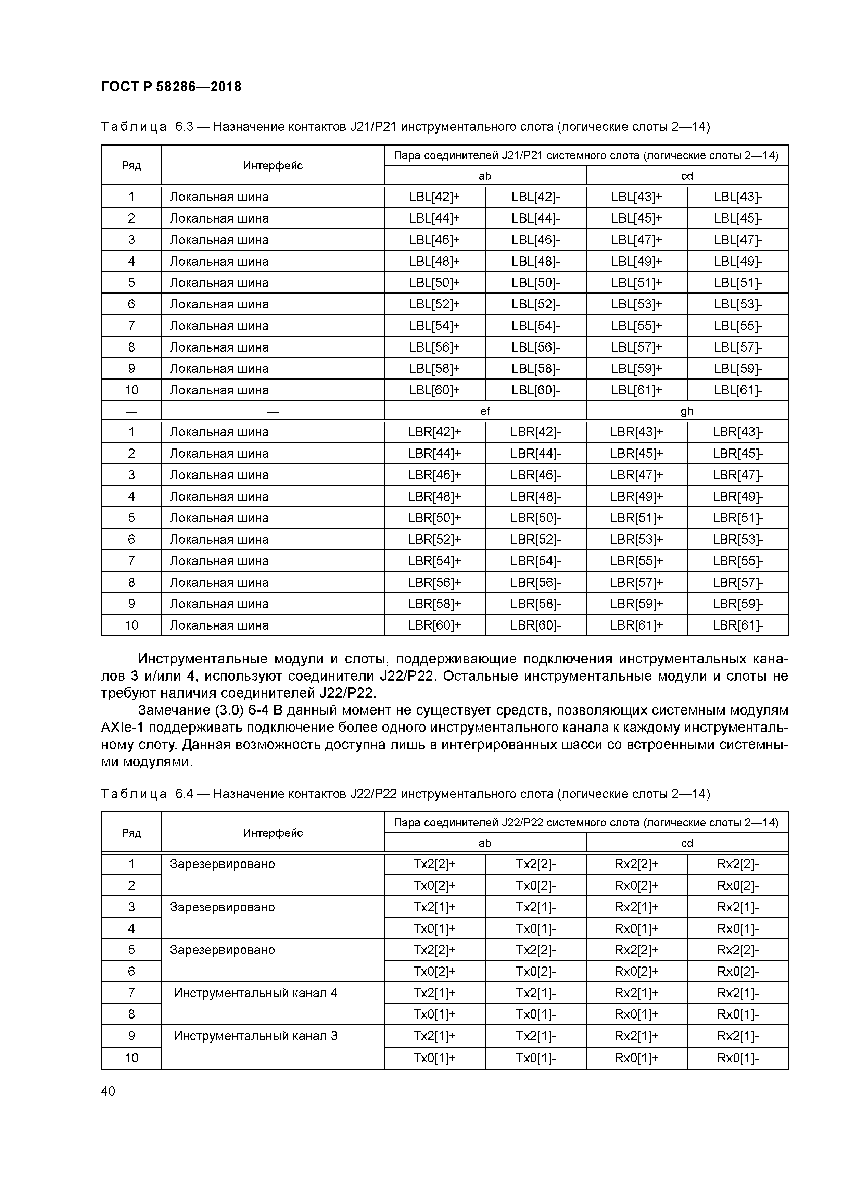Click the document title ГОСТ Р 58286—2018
click(x=171, y=87)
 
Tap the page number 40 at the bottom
click(x=108, y=1091)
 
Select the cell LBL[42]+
click(x=434, y=197)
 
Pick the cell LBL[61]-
click(x=738, y=390)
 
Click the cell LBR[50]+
click(x=434, y=518)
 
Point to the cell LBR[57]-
click(x=738, y=582)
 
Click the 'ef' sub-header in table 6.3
click(x=485, y=411)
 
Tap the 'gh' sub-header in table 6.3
click(x=687, y=411)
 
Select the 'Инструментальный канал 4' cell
click(x=255, y=993)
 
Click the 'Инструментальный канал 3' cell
click(x=255, y=1036)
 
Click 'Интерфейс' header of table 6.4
click(x=273, y=833)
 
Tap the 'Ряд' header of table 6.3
click(x=131, y=166)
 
